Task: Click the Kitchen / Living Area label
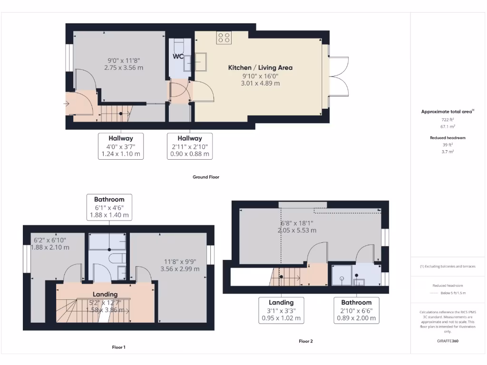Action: pyautogui.click(x=260, y=67)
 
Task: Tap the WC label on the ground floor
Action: pyautogui.click(x=178, y=57)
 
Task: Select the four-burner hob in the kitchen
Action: pyautogui.click(x=224, y=38)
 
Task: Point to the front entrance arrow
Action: pyautogui.click(x=67, y=103)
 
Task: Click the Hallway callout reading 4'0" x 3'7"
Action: pyautogui.click(x=121, y=146)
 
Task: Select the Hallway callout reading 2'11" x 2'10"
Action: pyautogui.click(x=190, y=146)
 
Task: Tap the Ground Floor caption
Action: pyautogui.click(x=205, y=177)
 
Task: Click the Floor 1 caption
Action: pyautogui.click(x=118, y=347)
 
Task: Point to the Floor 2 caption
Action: pyautogui.click(x=306, y=341)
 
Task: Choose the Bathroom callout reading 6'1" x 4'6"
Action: pyautogui.click(x=109, y=207)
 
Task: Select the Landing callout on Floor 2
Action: pyautogui.click(x=281, y=310)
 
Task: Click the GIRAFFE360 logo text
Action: pyautogui.click(x=448, y=341)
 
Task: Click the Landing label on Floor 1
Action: pyautogui.click(x=105, y=294)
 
